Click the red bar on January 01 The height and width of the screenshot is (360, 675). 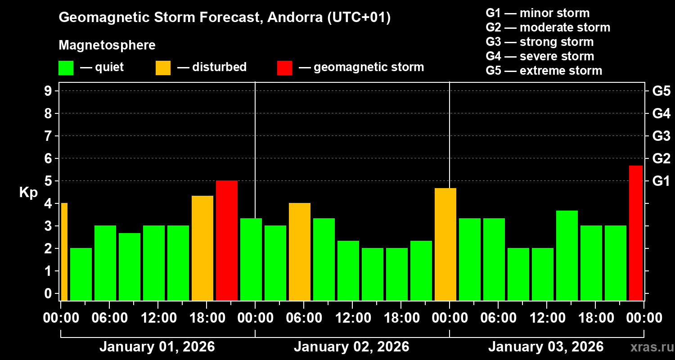pyautogui.click(x=227, y=240)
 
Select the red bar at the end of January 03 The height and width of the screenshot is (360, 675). pyautogui.click(x=635, y=233)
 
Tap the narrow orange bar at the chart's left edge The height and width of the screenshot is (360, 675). pyautogui.click(x=64, y=252)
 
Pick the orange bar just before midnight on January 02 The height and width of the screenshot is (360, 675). pyautogui.click(x=445, y=244)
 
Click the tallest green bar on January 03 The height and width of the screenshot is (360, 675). pyautogui.click(x=567, y=255)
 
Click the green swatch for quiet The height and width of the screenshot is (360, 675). pyautogui.click(x=66, y=67)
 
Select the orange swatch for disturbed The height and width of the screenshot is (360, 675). pyautogui.click(x=163, y=67)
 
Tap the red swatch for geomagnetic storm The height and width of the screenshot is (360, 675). pyautogui.click(x=284, y=67)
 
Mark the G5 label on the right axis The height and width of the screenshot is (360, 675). pyautogui.click(x=661, y=91)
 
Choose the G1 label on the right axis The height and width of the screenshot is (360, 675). pyautogui.click(x=661, y=181)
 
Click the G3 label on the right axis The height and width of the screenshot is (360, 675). pyautogui.click(x=661, y=136)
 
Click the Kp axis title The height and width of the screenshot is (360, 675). pyautogui.click(x=28, y=192)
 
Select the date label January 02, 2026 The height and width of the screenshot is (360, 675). pyautogui.click(x=351, y=347)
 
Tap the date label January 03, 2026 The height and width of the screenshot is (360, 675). pyautogui.click(x=546, y=347)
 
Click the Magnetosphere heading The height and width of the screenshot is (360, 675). pyautogui.click(x=107, y=45)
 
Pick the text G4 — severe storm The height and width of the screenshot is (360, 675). pyautogui.click(x=540, y=56)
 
